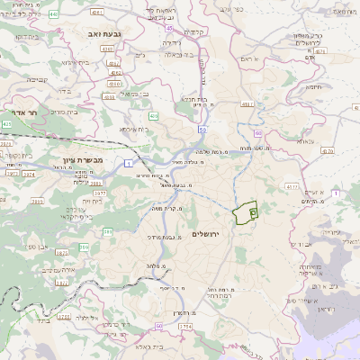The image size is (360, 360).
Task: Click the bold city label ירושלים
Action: point(206,233)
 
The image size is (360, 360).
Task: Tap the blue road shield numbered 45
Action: point(169,29)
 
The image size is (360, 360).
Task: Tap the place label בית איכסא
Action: point(130,130)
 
